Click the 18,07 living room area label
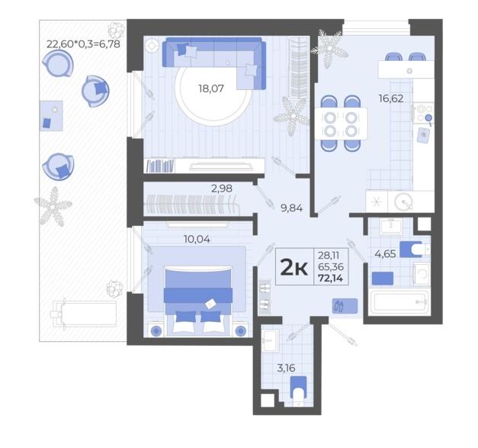(x=211, y=89)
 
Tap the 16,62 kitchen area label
(x=391, y=98)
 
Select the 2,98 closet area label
(x=222, y=189)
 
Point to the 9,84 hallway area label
(x=291, y=208)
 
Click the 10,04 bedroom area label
(x=197, y=239)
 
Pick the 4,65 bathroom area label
(x=385, y=253)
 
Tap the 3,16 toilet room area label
(x=286, y=368)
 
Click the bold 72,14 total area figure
(x=330, y=279)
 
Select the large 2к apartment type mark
(x=294, y=267)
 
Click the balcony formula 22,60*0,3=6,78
(x=83, y=44)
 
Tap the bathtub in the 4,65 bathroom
(x=399, y=302)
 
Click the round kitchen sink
(x=403, y=201)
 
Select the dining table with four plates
(x=341, y=124)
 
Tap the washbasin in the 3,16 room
(x=271, y=340)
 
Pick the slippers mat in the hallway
(x=345, y=306)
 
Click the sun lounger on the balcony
(x=84, y=314)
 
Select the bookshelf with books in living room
(x=160, y=166)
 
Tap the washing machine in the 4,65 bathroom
(x=422, y=274)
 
